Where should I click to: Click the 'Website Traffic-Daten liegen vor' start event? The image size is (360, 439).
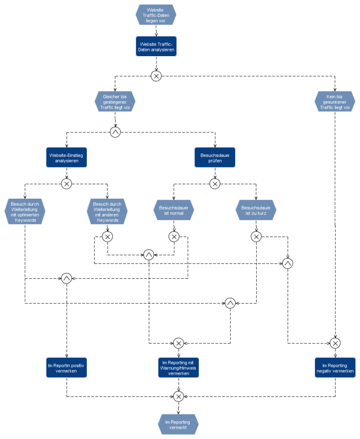click(x=156, y=14)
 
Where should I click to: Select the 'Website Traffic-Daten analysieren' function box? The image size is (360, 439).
click(x=156, y=47)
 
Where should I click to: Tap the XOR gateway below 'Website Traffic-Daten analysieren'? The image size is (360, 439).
click(x=156, y=76)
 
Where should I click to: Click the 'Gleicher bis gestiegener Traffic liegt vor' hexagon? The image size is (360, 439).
click(x=115, y=102)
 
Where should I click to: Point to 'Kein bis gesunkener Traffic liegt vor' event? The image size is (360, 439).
click(x=335, y=102)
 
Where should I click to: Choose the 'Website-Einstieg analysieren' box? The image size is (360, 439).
click(x=67, y=157)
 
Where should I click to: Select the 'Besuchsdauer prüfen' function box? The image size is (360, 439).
click(x=215, y=157)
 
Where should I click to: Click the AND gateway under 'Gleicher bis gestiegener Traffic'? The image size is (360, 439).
click(x=115, y=132)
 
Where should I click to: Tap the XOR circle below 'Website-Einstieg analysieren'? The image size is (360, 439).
click(x=67, y=184)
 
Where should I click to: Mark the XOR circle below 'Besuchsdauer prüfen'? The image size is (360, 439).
click(x=215, y=184)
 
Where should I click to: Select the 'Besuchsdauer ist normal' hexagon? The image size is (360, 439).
click(x=174, y=211)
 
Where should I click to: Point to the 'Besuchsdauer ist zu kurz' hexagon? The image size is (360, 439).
click(x=256, y=211)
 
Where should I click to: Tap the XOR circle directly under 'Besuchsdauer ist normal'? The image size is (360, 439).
click(x=174, y=237)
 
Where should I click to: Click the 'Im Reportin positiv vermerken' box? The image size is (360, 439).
click(x=67, y=368)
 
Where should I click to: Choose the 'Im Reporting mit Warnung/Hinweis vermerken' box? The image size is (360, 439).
click(x=179, y=368)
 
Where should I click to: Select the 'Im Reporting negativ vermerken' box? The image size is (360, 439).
click(x=335, y=368)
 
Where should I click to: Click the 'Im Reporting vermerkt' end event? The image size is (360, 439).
click(x=178, y=424)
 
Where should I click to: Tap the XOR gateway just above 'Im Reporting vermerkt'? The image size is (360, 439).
click(x=179, y=396)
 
